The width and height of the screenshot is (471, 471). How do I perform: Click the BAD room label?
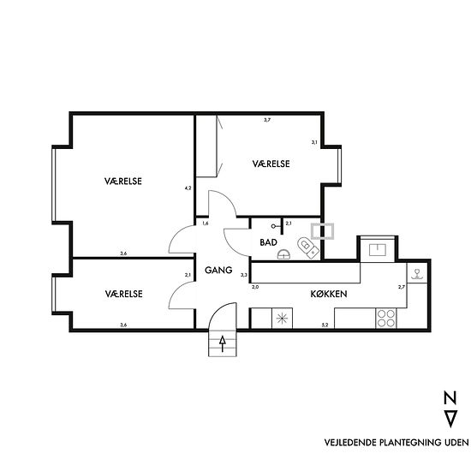(x=268, y=242)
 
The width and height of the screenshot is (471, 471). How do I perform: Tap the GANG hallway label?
(x=218, y=270)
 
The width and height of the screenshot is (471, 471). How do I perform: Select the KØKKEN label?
(x=329, y=294)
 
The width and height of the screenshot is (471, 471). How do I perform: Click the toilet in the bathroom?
(x=307, y=247)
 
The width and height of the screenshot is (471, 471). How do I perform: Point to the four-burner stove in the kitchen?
(x=386, y=318)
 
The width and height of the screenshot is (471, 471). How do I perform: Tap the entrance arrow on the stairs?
(x=223, y=343)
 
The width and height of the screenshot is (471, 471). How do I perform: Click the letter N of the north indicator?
(x=450, y=397)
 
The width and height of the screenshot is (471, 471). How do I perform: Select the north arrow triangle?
(x=450, y=419)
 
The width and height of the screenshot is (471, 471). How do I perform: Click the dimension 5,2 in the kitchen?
(x=325, y=325)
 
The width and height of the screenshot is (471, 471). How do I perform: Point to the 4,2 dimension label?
(x=188, y=188)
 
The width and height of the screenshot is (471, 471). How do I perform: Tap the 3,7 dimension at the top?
(x=267, y=120)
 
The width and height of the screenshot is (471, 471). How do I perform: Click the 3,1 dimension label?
(x=314, y=142)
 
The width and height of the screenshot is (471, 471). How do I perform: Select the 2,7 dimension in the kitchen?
(x=402, y=287)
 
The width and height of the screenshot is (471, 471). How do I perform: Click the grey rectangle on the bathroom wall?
(x=322, y=231)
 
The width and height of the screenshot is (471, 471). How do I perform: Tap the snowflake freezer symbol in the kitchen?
(x=282, y=319)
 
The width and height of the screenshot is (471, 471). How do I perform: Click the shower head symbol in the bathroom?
(x=275, y=226)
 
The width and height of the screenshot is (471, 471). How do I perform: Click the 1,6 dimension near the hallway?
(x=206, y=224)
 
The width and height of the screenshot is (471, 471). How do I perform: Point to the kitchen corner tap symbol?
(x=417, y=274)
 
